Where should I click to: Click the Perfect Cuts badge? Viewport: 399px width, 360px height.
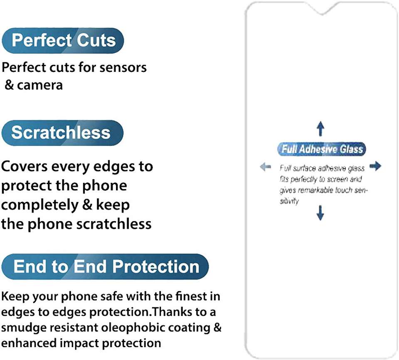click(63, 41)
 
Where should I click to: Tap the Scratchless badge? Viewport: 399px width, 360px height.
click(62, 133)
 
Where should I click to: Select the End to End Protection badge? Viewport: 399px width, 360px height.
click(105, 266)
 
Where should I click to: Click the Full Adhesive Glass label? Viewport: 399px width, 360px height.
click(322, 149)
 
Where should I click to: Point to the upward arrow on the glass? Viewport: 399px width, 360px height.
click(320, 128)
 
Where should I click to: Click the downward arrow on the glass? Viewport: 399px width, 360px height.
click(320, 212)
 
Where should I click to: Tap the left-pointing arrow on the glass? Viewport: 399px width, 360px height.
click(266, 167)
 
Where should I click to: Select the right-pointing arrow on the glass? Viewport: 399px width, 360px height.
click(375, 166)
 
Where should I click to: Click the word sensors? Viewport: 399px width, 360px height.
click(123, 68)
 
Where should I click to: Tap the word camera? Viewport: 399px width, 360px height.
click(40, 85)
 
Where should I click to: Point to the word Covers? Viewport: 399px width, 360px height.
click(25, 167)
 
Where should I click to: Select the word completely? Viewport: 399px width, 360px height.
click(40, 205)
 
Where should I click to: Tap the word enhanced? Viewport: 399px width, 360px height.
click(29, 343)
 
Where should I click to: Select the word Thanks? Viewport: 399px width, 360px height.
click(172, 312)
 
